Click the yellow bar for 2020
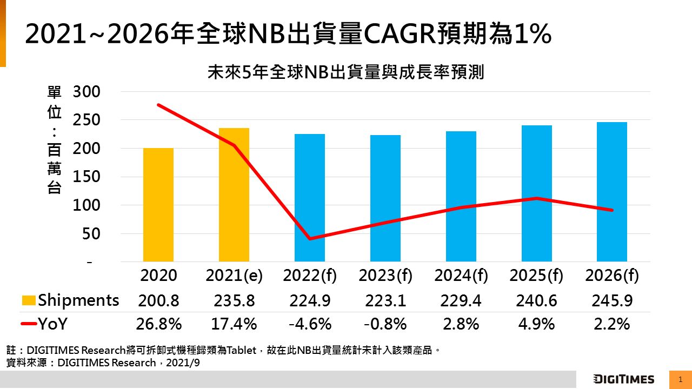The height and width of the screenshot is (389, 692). tap(158, 205)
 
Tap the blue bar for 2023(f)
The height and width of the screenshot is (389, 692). tap(385, 198)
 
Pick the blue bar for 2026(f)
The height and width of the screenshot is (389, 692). tap(612, 192)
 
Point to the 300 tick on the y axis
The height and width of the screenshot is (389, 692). tap(86, 92)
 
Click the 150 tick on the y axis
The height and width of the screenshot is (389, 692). tap(86, 177)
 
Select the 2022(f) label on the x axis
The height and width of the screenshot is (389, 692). tap(310, 276)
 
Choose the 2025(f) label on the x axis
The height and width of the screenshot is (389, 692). tap(536, 276)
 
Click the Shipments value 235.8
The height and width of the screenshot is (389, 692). tap(234, 300)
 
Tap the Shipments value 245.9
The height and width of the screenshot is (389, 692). tap(612, 300)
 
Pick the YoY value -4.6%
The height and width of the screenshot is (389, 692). tap(310, 324)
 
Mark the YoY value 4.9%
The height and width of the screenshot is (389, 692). tap(536, 324)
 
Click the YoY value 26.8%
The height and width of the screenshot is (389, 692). tap(158, 324)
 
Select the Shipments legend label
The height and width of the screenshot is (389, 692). tap(78, 300)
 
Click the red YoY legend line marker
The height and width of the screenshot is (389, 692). tap(29, 324)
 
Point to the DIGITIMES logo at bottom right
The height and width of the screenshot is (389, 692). tap(623, 379)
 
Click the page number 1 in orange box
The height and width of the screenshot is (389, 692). tap(680, 379)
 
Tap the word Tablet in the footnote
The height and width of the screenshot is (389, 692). tap(241, 350)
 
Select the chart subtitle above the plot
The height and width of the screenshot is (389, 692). tap(345, 73)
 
